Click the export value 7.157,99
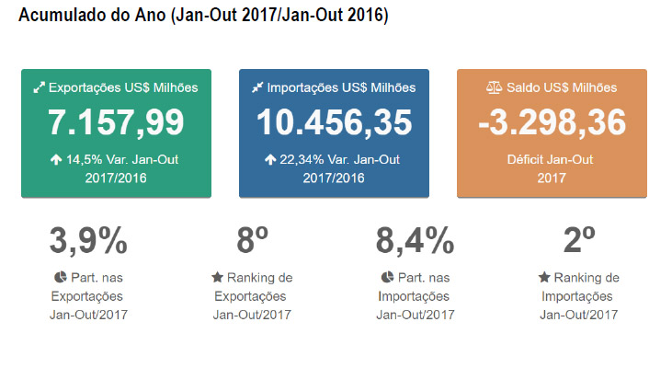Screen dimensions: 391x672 point(116,121)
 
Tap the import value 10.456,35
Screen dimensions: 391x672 point(334,121)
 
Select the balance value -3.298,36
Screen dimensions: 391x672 point(552,121)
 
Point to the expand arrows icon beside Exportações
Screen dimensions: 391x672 point(39,87)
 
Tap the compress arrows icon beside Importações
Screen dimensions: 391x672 point(257,87)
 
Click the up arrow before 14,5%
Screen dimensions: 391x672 point(56,159)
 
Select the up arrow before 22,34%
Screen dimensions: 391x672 point(270,159)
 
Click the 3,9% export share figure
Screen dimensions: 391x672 point(88,241)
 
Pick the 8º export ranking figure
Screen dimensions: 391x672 point(252,241)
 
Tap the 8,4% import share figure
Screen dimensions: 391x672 point(415,241)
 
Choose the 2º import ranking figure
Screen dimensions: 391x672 point(579,241)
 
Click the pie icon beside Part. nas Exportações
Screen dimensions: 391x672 point(60,277)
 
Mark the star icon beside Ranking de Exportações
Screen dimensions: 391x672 point(217,277)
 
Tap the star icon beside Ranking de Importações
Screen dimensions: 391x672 point(544,277)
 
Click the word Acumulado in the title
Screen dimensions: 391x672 point(61,17)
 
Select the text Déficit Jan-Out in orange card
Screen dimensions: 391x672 point(551,159)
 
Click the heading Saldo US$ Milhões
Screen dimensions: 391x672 point(561,87)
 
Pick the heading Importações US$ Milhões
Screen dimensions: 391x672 point(341,87)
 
